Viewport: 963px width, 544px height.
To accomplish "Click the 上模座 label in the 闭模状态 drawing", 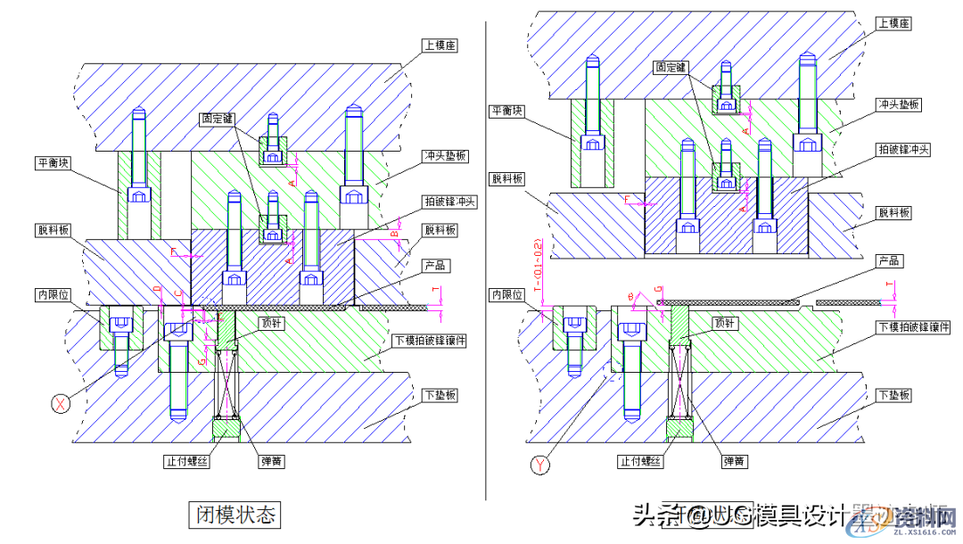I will (440, 45).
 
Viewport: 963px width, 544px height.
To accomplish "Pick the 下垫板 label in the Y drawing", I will (894, 394).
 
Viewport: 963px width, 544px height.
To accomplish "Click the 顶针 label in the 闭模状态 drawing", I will (272, 324).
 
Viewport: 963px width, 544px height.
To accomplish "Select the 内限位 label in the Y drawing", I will (505, 293).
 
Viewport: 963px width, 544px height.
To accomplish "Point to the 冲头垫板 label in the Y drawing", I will (899, 104).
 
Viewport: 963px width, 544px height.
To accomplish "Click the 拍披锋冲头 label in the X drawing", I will (451, 202).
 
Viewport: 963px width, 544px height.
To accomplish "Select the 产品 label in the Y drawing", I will (889, 261).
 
